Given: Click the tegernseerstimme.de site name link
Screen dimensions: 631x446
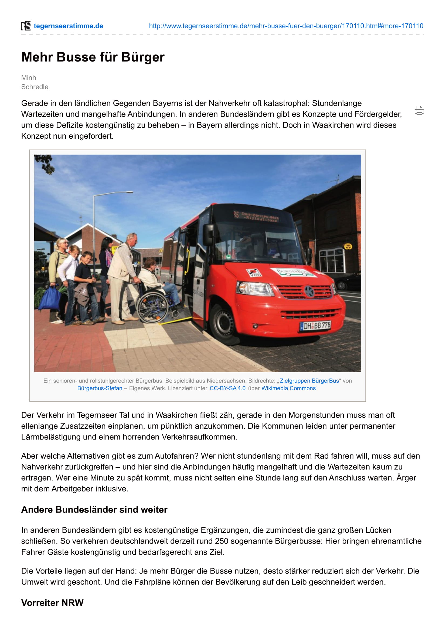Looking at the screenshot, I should click(68, 26).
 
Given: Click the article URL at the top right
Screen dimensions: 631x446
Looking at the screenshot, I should click(286, 26).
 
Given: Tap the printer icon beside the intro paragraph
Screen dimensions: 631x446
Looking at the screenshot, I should click(419, 110).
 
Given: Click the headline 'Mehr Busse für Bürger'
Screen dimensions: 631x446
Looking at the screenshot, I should click(93, 57).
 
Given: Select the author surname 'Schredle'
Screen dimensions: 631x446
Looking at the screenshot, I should click(35, 87).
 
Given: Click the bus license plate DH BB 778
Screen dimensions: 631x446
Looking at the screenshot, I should click(315, 326).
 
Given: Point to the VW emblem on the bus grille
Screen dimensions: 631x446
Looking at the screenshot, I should click(309, 291).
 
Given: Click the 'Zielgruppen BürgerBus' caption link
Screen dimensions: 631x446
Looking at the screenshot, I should click(309, 381).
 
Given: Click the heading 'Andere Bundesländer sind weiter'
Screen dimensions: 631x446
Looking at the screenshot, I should click(94, 510).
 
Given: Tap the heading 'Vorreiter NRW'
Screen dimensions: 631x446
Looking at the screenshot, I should click(52, 603).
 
